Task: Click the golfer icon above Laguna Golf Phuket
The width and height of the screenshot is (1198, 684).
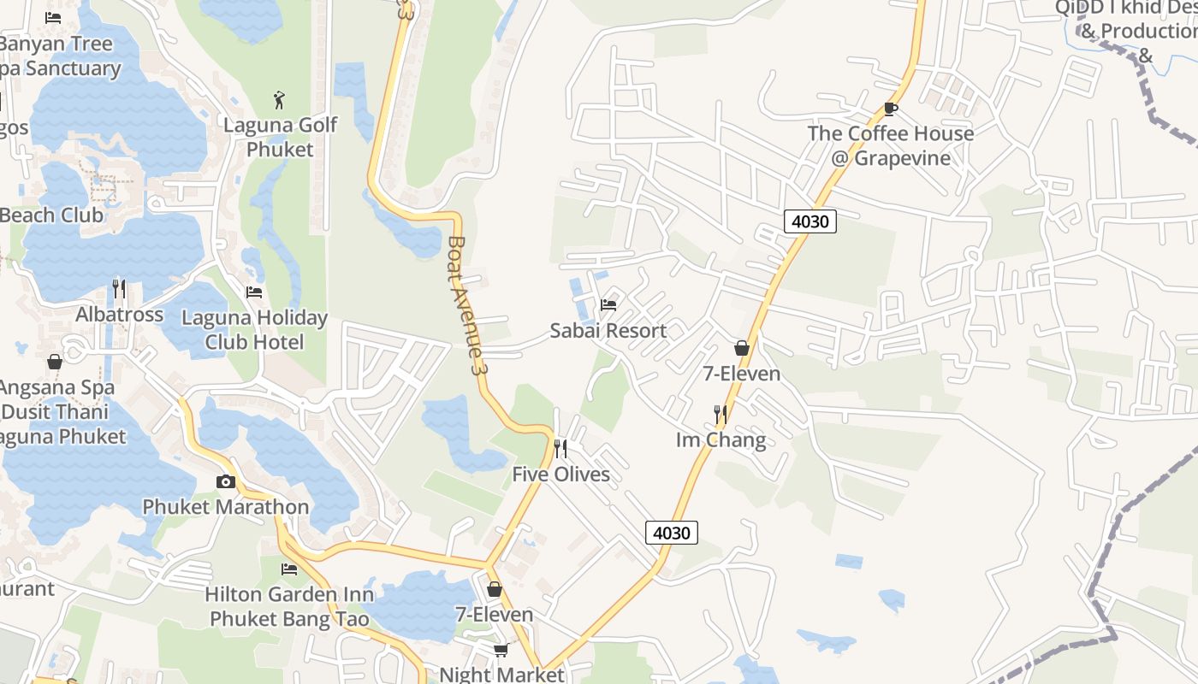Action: pyautogui.click(x=279, y=100)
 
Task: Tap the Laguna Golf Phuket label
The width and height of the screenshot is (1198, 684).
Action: pyautogui.click(x=280, y=137)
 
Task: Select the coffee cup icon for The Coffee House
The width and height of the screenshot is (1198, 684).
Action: pyautogui.click(x=890, y=109)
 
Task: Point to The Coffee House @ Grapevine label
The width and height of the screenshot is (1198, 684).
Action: pyautogui.click(x=891, y=145)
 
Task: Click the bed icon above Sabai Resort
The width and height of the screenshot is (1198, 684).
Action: pyautogui.click(x=608, y=304)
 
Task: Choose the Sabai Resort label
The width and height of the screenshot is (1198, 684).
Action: pyautogui.click(x=608, y=330)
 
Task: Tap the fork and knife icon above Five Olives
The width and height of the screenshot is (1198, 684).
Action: pyautogui.click(x=560, y=448)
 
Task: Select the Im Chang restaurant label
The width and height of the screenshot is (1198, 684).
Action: pyautogui.click(x=721, y=440)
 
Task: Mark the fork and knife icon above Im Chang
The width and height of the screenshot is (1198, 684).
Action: pyautogui.click(x=720, y=415)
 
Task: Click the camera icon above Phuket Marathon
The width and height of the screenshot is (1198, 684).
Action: pyautogui.click(x=226, y=481)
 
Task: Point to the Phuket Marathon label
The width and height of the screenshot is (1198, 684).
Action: pyautogui.click(x=225, y=507)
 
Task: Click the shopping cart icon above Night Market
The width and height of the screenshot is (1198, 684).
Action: pyautogui.click(x=501, y=651)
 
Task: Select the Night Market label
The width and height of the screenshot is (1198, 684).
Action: pyautogui.click(x=501, y=675)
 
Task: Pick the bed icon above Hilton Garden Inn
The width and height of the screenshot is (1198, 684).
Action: pyautogui.click(x=289, y=569)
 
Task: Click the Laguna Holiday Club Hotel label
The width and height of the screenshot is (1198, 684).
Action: pyautogui.click(x=254, y=330)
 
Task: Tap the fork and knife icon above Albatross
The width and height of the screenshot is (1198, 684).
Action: pyautogui.click(x=119, y=289)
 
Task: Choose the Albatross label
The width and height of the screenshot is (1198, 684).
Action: pyautogui.click(x=119, y=315)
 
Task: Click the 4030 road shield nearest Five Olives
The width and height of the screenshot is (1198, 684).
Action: pyautogui.click(x=671, y=533)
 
